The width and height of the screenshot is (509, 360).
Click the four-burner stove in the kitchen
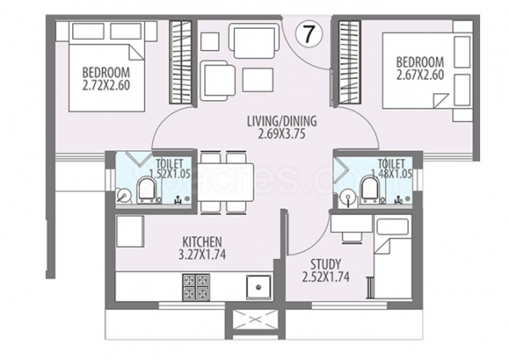click(x=192, y=287)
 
